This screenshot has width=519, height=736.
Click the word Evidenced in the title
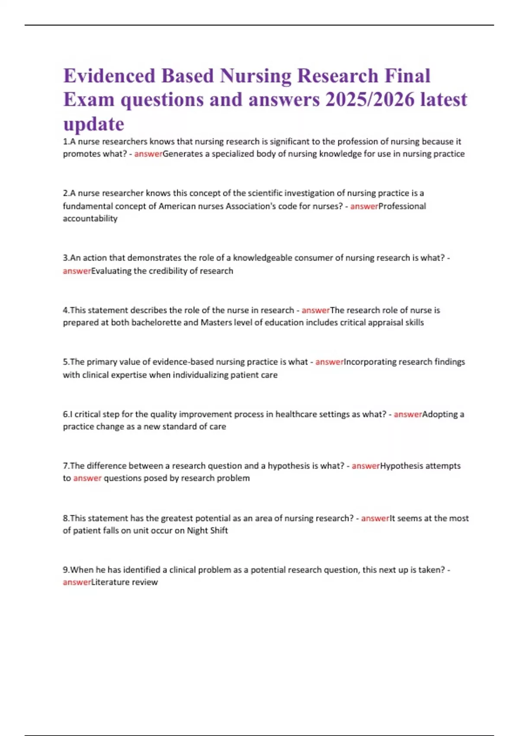point(109,76)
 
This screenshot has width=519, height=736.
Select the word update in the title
point(94,124)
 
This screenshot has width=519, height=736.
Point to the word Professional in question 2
point(402,206)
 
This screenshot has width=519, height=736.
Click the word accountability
point(90,219)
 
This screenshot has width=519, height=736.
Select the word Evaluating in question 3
point(111,271)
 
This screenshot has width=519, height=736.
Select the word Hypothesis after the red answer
point(402,466)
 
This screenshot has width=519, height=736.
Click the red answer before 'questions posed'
point(87,478)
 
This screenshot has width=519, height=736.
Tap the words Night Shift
point(207,531)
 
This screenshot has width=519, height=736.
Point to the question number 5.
point(65,362)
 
